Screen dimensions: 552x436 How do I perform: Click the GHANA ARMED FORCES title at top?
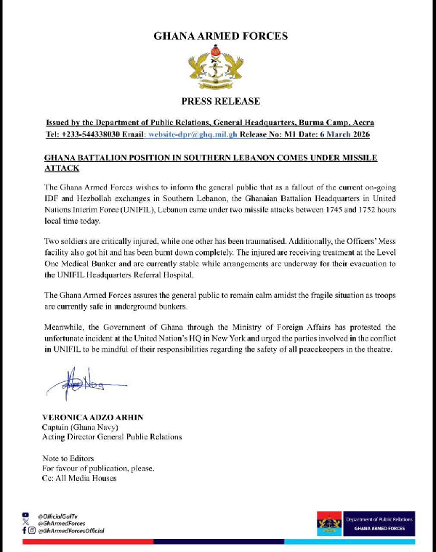(220, 36)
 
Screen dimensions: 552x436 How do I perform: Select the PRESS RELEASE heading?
(220, 101)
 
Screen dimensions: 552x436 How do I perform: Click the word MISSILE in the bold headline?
(357, 158)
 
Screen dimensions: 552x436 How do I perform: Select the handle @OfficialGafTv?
(62, 515)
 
